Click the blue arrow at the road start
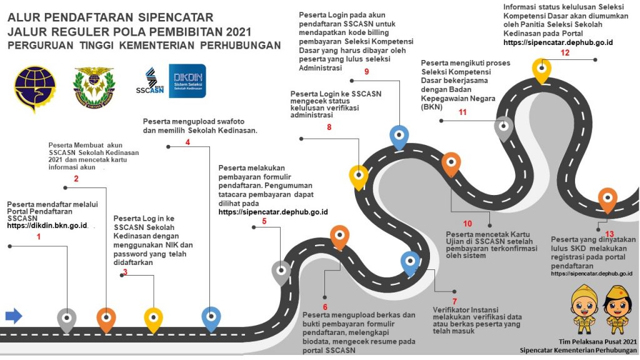[x=14, y=316]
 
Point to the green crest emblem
[x=94, y=87]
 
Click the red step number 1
[x=39, y=237]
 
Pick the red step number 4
[x=187, y=142]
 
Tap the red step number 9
[x=366, y=72]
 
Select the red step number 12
[x=565, y=53]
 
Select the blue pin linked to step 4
[x=211, y=317]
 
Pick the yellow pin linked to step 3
[x=153, y=318]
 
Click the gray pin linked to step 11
[x=504, y=127]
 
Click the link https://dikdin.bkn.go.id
[x=47, y=225]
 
